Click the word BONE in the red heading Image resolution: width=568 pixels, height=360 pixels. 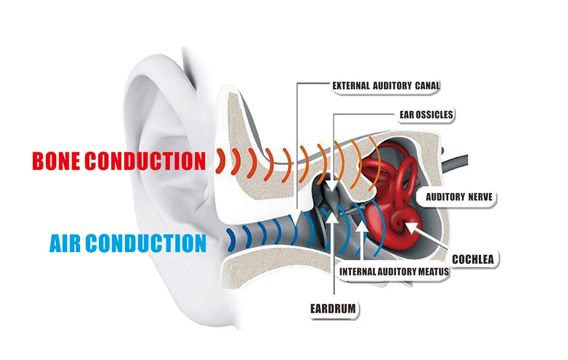pyautogui.click(x=56, y=161)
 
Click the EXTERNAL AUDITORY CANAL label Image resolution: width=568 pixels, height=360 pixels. pyautogui.click(x=386, y=86)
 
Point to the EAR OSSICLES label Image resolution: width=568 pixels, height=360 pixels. pyautogui.click(x=426, y=115)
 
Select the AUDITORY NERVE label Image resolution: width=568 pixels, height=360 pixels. pyautogui.click(x=459, y=198)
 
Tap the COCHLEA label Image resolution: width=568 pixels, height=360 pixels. pyautogui.click(x=473, y=259)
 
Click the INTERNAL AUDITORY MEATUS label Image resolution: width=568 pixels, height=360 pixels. pyautogui.click(x=394, y=271)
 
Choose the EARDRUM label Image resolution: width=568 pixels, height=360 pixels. pyautogui.click(x=333, y=309)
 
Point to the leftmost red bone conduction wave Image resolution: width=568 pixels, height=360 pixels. pyautogui.click(x=219, y=160)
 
